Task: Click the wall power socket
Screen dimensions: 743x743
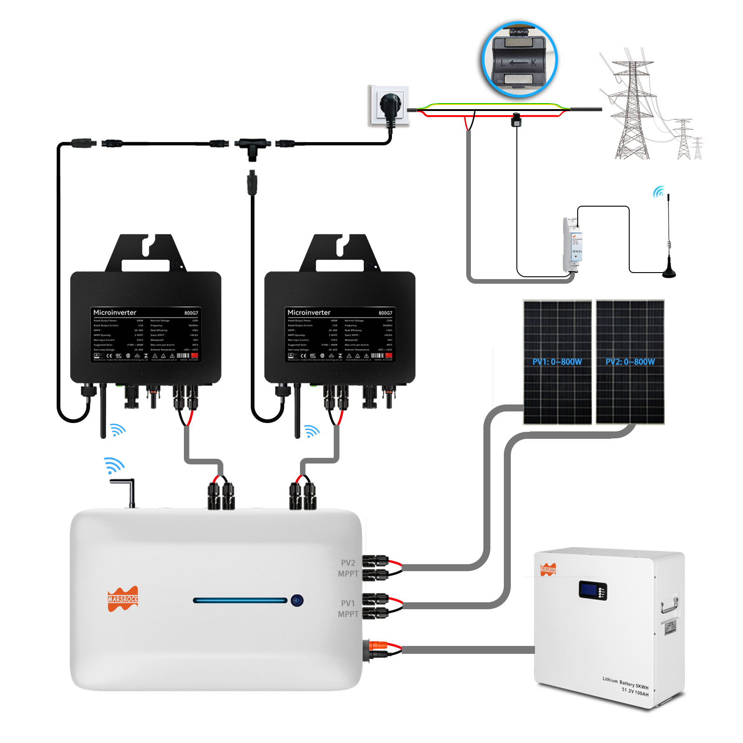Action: pyautogui.click(x=389, y=105)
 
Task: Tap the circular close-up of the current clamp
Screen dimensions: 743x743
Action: pyautogui.click(x=519, y=59)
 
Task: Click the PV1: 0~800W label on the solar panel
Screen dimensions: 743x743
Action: pyautogui.click(x=557, y=362)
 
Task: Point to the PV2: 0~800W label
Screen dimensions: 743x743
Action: pyautogui.click(x=630, y=362)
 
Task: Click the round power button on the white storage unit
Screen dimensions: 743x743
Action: pyautogui.click(x=297, y=600)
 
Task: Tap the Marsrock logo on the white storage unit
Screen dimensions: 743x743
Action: pyautogui.click(x=123, y=599)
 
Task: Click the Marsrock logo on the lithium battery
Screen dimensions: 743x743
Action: pyautogui.click(x=548, y=569)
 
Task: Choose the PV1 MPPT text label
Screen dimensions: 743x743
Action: pyautogui.click(x=348, y=609)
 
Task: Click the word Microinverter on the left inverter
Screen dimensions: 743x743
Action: pyautogui.click(x=115, y=313)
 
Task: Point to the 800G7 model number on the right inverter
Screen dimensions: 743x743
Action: pyautogui.click(x=385, y=313)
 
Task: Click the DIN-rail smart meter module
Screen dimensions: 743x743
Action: pyautogui.click(x=573, y=245)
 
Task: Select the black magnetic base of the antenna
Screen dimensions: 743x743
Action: pyautogui.click(x=669, y=273)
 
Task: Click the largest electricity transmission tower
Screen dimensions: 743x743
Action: pyautogui.click(x=632, y=109)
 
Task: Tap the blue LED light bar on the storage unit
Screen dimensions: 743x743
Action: pyautogui.click(x=240, y=600)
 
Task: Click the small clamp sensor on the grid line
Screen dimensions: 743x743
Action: pyautogui.click(x=516, y=120)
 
